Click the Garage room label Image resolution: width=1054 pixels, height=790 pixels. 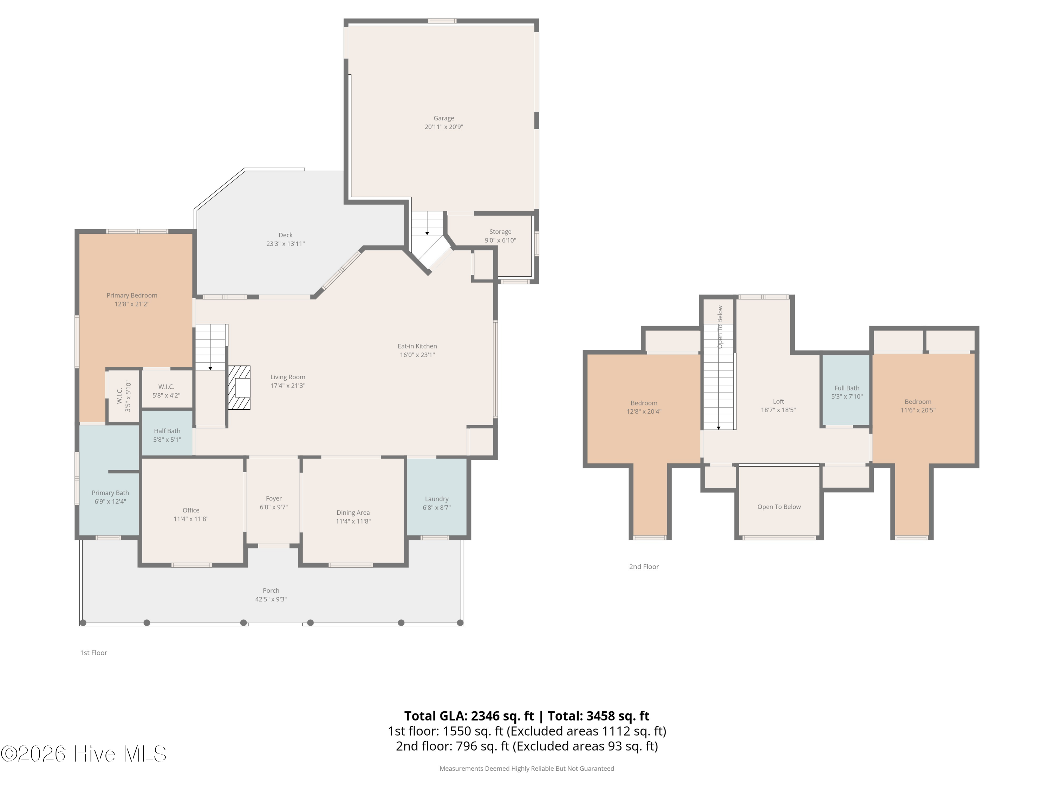tap(444, 118)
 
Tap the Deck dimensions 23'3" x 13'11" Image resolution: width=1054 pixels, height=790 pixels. tap(285, 244)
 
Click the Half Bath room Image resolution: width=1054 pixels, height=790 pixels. tap(167, 433)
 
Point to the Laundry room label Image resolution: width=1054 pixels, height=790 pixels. tap(436, 499)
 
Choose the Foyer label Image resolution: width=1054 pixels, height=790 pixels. tap(274, 499)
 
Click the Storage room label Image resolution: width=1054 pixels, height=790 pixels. tap(500, 232)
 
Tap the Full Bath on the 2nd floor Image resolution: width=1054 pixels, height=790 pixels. tap(846, 391)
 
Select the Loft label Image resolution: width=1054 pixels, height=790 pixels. tap(778, 401)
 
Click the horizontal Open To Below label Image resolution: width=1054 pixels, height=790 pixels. tap(779, 507)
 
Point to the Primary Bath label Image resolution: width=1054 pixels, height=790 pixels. tap(110, 493)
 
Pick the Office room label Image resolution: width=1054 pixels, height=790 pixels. tap(191, 510)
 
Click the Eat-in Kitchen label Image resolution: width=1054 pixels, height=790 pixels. tap(417, 346)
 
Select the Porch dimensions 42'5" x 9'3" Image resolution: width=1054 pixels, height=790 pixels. tap(271, 599)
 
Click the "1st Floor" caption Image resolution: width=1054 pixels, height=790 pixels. tap(93, 653)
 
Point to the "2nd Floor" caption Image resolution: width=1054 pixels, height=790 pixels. tap(644, 567)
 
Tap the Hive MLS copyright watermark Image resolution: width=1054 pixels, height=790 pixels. tap(84, 754)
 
